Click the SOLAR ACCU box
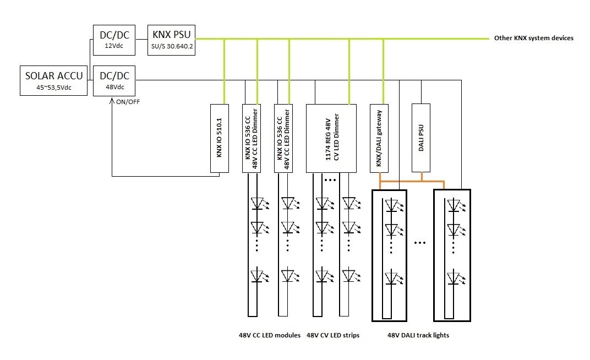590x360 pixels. [54, 81]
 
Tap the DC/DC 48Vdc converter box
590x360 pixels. [114, 81]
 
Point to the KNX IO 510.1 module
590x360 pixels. [219, 138]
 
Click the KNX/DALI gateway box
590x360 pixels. [379, 138]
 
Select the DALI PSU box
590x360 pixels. [421, 138]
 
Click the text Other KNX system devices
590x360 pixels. [534, 39]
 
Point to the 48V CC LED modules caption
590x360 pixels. [269, 335]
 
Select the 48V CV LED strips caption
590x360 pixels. [333, 335]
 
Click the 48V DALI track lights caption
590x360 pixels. [418, 335]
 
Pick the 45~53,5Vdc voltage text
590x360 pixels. [54, 87]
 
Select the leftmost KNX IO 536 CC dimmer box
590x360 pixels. [251, 138]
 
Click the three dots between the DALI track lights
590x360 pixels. [420, 243]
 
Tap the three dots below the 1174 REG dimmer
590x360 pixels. [331, 179]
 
